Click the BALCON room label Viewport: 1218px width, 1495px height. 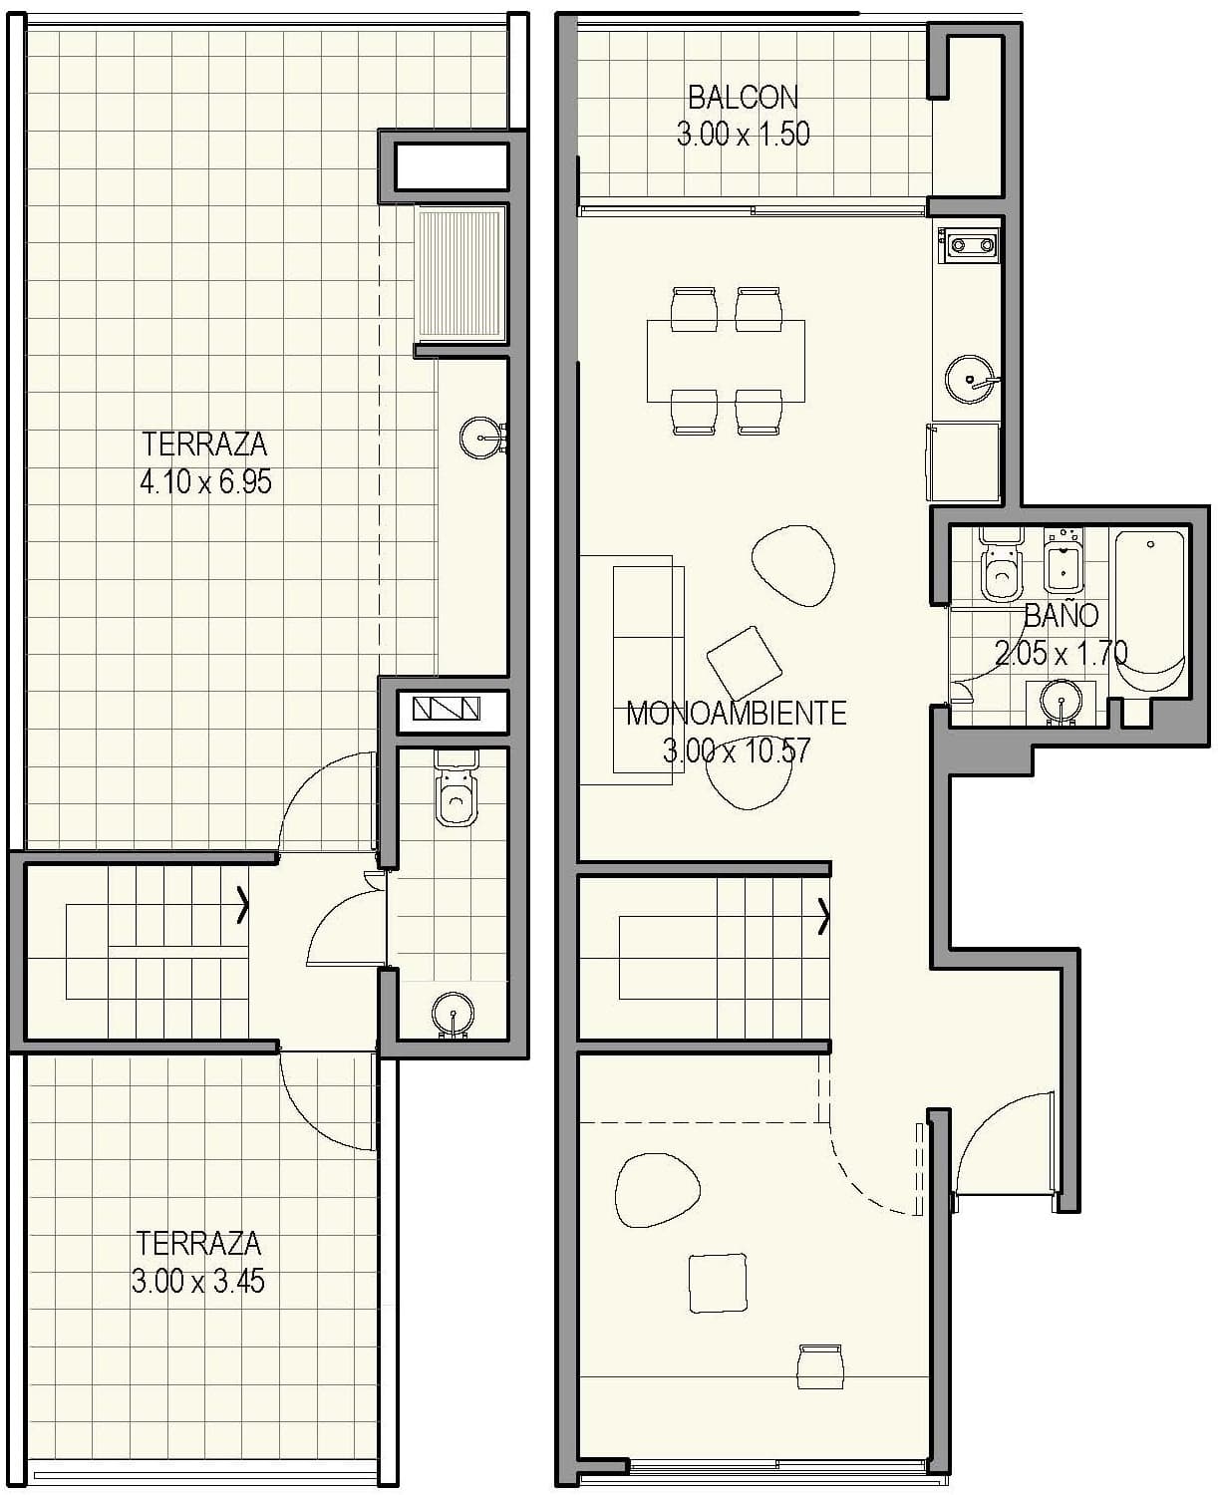743,97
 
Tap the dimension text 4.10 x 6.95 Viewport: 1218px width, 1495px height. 205,482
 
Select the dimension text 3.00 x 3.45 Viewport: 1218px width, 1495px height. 197,1281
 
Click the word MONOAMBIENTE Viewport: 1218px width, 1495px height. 737,713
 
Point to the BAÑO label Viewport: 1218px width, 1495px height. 1061,615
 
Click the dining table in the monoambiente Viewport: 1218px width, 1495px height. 726,360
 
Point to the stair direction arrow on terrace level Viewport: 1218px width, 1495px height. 242,907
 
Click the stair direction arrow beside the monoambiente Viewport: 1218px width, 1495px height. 823,917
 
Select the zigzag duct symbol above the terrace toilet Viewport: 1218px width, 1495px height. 447,709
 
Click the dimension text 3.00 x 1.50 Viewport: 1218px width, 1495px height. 743,134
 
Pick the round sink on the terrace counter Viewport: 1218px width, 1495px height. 482,436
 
